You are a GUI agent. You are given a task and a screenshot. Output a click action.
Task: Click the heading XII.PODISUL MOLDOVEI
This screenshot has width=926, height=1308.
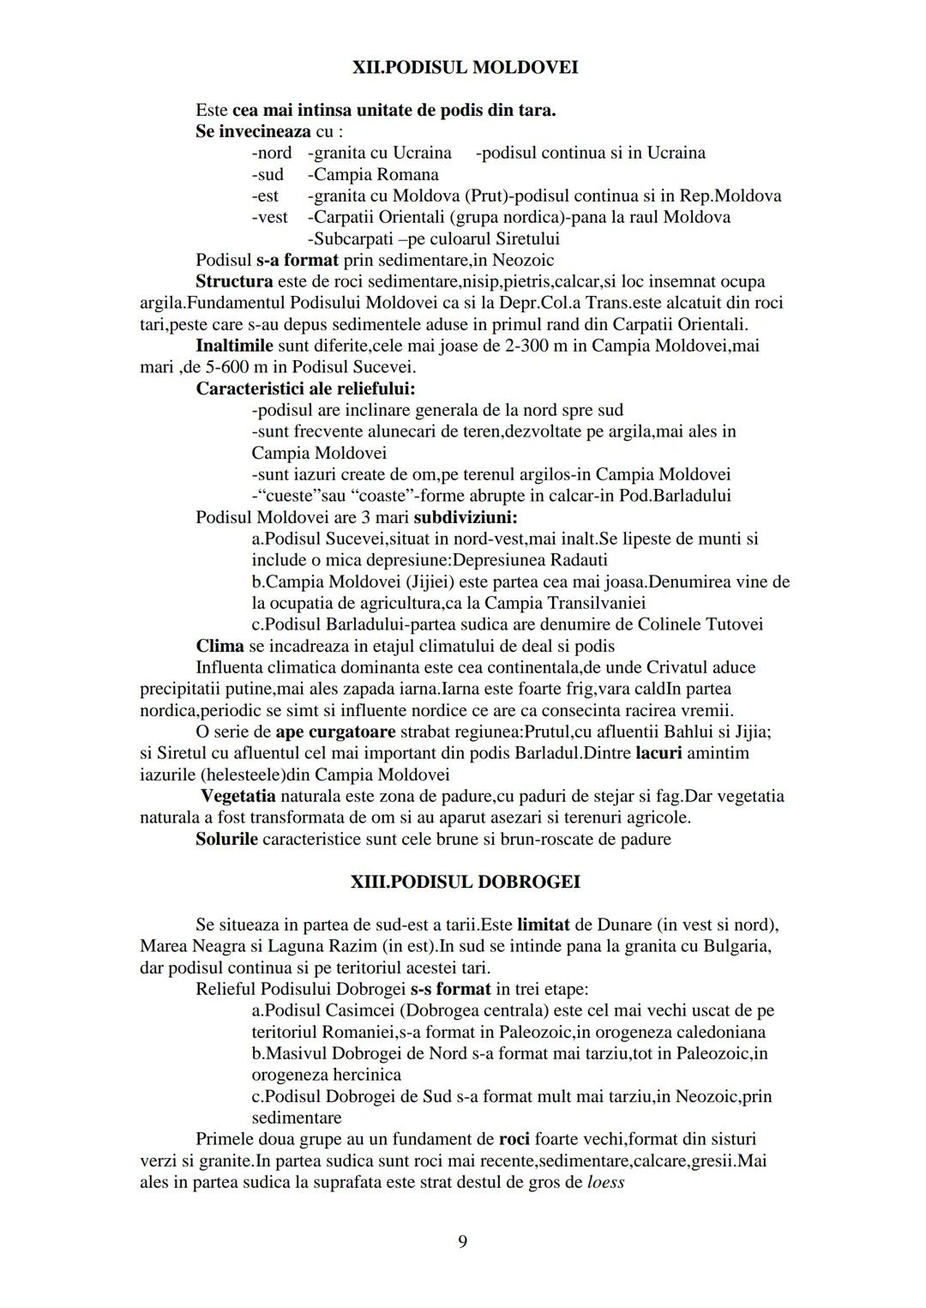tap(465, 67)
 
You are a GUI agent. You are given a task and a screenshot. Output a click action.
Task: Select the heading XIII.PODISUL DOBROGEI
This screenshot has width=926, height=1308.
tap(465, 882)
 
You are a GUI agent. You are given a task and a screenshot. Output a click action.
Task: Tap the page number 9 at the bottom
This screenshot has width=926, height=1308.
tap(463, 1241)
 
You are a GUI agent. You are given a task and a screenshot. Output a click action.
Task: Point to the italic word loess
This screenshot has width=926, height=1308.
tap(606, 1182)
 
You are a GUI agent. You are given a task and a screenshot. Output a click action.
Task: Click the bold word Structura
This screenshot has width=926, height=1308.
tap(234, 281)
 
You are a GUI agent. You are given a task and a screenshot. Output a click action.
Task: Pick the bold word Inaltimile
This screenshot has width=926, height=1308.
tap(234, 346)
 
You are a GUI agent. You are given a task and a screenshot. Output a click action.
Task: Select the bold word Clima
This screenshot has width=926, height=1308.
tap(219, 646)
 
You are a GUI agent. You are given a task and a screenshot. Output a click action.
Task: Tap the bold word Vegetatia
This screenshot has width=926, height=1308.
tap(238, 796)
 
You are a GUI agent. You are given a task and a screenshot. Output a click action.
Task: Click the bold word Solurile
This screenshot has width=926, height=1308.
tap(226, 839)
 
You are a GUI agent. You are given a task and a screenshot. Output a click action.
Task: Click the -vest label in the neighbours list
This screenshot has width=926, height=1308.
tap(269, 217)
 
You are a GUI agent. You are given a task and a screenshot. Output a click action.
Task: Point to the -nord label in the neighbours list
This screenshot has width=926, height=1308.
tap(271, 153)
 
